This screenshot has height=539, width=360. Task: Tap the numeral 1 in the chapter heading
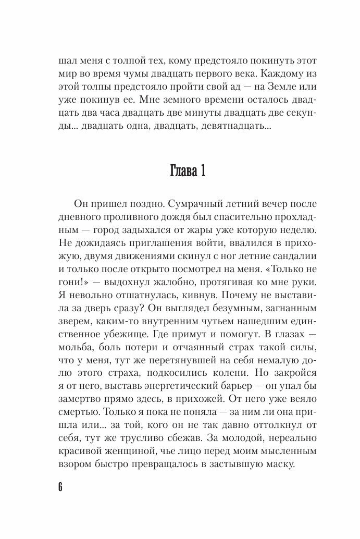pyautogui.click(x=201, y=172)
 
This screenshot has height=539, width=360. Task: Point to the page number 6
pyautogui.click(x=60, y=487)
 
